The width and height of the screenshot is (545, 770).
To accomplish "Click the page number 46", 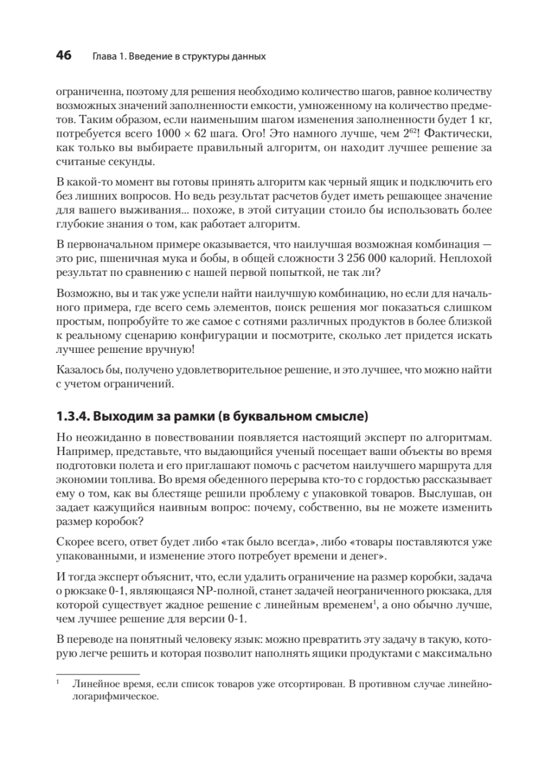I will [64, 56].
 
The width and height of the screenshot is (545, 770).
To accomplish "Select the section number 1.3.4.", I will [73, 417].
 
